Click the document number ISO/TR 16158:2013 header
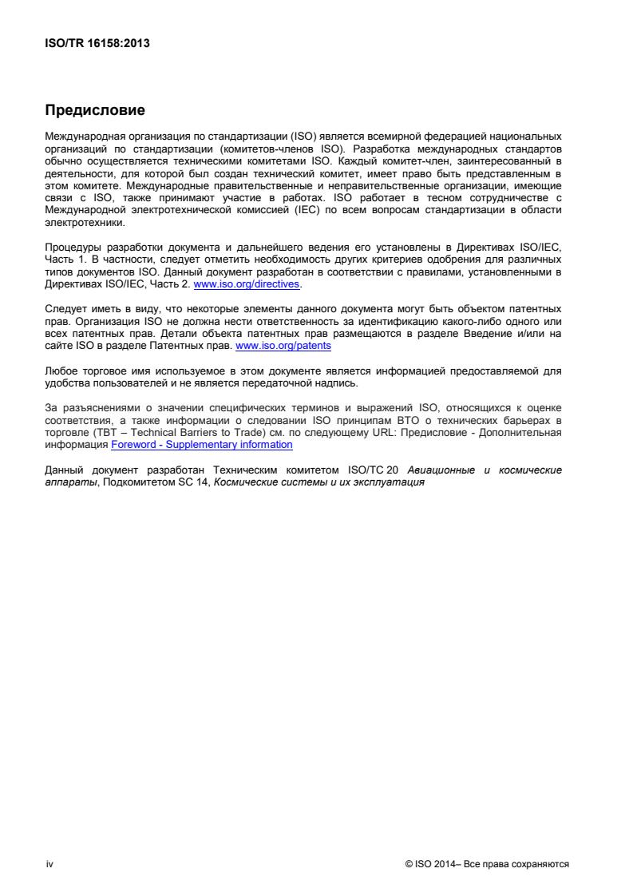coord(97,44)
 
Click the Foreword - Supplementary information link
coord(201,445)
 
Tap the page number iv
coord(49,864)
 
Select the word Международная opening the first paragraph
coord(88,137)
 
